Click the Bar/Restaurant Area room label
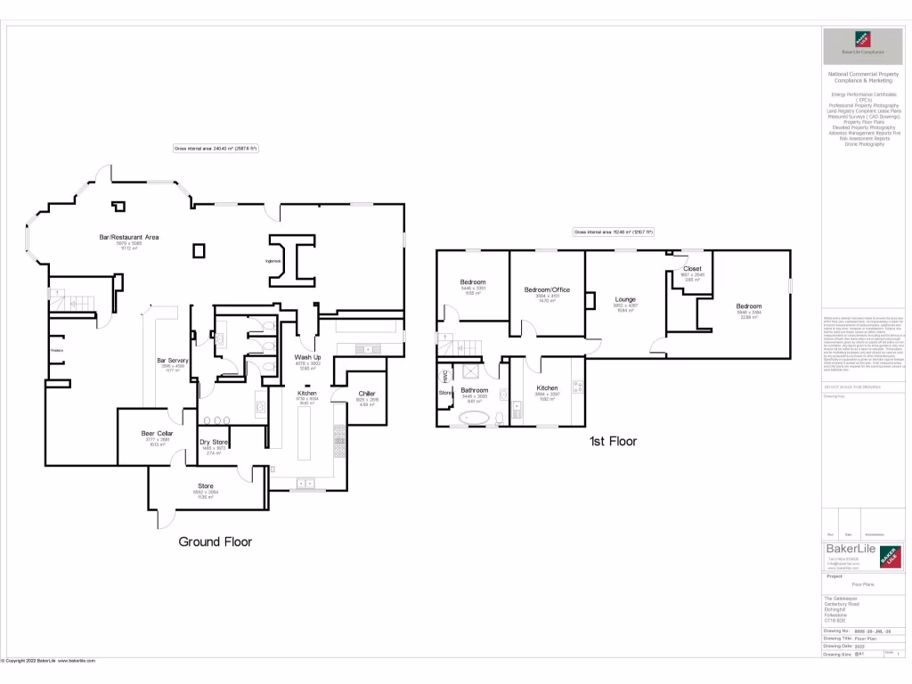128,237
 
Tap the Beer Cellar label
156,434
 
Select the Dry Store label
214,442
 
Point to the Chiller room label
367,393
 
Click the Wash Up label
307,356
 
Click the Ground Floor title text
216,541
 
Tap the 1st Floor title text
613,441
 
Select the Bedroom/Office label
547,289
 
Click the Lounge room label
624,299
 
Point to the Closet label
692,268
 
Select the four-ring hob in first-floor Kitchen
575,386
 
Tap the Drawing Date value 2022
860,647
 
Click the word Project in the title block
835,576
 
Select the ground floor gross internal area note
216,149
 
